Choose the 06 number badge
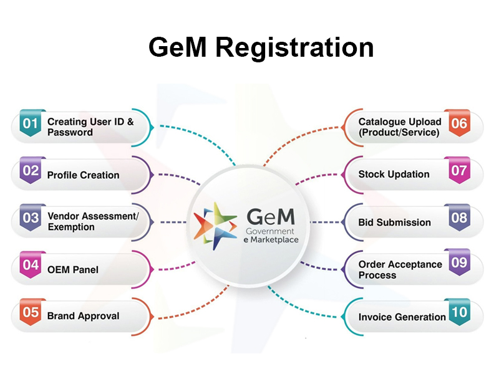(x=459, y=123)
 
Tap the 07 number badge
(x=459, y=171)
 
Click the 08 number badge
(x=459, y=218)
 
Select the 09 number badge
(x=459, y=263)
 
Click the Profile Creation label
(x=83, y=175)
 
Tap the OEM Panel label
(x=73, y=270)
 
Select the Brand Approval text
(x=83, y=316)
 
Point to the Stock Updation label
(x=394, y=175)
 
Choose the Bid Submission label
(x=394, y=223)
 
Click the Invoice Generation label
(x=402, y=317)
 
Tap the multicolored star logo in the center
(x=215, y=223)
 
